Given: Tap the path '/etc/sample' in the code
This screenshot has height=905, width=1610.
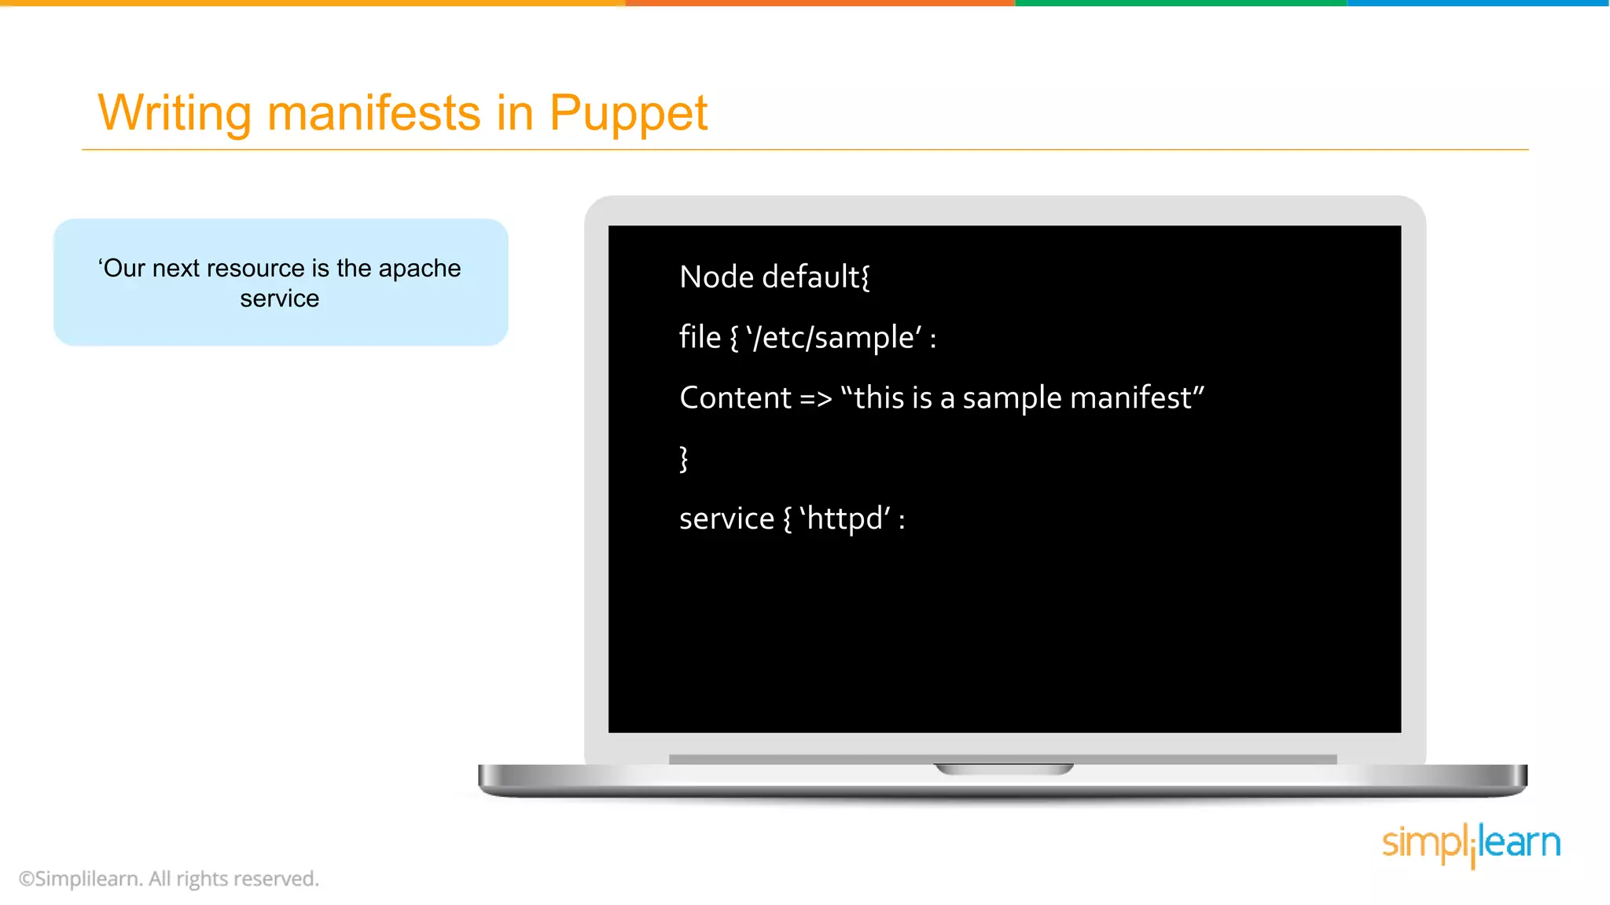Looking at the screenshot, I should [834, 338].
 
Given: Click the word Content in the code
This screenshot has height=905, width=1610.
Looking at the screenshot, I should [735, 398].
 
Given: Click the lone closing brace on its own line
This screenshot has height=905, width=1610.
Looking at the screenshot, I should [684, 459].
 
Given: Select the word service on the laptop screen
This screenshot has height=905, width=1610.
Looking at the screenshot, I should [726, 519].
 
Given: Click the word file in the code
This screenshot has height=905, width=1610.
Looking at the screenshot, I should [700, 338].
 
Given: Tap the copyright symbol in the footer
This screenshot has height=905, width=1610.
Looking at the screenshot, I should [26, 879].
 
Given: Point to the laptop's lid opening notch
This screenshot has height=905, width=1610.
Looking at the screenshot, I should [1003, 769].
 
